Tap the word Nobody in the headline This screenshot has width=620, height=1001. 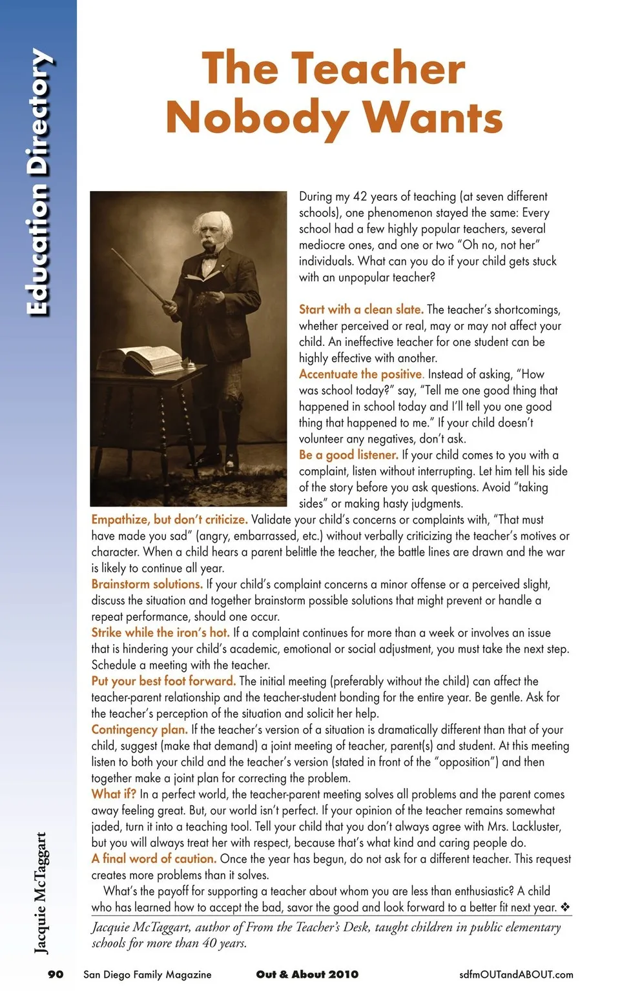tap(257, 118)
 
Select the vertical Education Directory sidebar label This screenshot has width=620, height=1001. tap(39, 182)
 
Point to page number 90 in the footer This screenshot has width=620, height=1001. tap(56, 974)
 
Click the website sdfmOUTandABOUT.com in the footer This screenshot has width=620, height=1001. tap(516, 975)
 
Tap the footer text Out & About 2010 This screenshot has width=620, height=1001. tap(307, 974)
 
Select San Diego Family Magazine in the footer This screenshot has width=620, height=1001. tap(147, 975)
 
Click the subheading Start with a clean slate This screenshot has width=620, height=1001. tap(361, 309)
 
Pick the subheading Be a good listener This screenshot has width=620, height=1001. tap(348, 454)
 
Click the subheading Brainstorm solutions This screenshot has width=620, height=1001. tap(147, 584)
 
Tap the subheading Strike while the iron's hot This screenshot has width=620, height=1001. tap(160, 632)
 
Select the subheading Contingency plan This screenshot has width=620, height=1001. tap(139, 729)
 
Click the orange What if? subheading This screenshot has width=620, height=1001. tap(114, 794)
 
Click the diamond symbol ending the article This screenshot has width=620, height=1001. tap(565, 907)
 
